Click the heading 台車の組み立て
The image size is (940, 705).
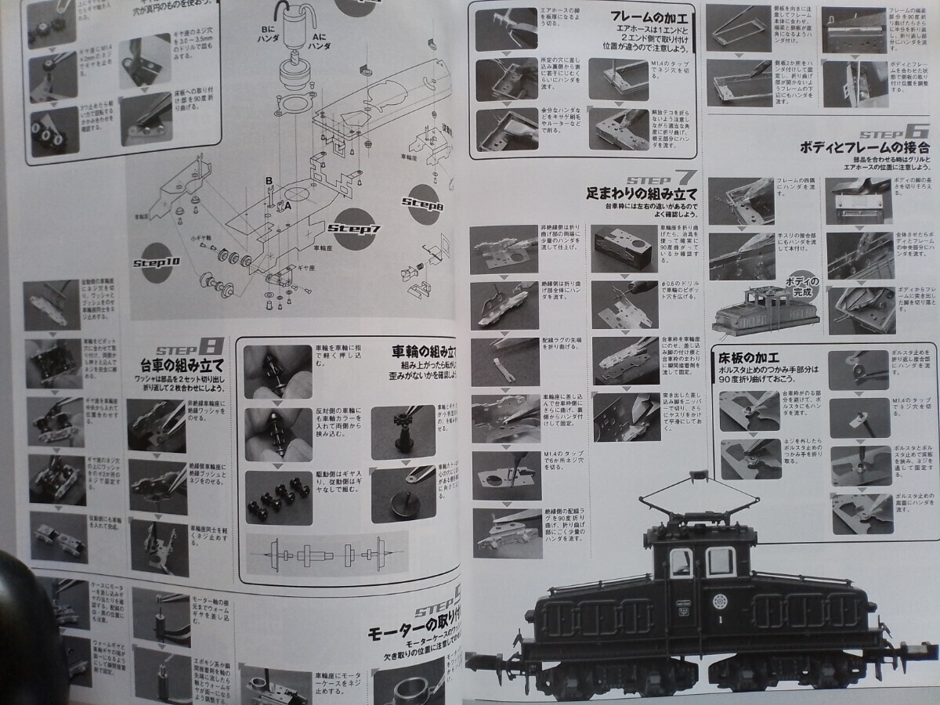[182, 364]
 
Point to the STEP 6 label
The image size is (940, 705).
[893, 131]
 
